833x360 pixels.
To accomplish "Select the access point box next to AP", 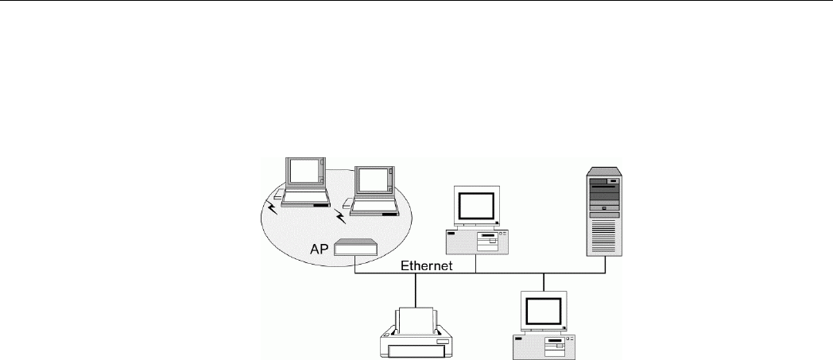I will coord(355,247).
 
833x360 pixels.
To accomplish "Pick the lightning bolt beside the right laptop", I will coord(341,215).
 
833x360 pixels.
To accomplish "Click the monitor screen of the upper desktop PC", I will coord(477,207).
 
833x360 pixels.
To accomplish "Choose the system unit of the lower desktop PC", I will coord(544,344).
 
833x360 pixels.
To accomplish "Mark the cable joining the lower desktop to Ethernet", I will coord(544,282).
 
